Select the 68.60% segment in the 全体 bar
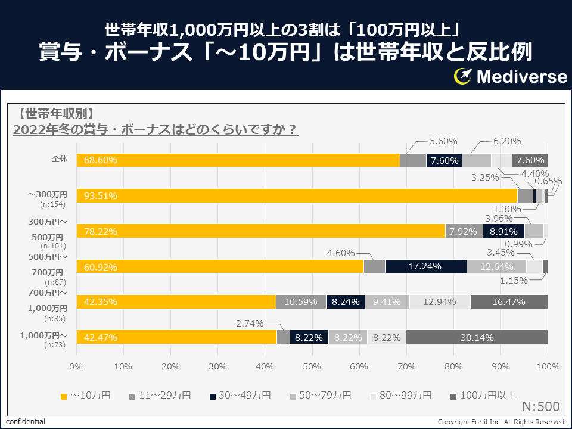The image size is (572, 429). coord(238,160)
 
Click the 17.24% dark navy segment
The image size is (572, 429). coord(425,266)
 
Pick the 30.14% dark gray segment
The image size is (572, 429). coord(477,337)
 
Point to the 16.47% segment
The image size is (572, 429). coord(509,301)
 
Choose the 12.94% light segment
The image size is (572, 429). coord(440,301)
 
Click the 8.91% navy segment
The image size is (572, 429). coord(503,231)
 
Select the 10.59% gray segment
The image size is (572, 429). coord(301,301)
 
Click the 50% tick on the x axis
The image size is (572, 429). coord(312,366)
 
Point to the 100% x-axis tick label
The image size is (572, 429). coord(547,366)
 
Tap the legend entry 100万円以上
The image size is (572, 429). coord(483,395)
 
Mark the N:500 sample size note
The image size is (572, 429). coord(540,407)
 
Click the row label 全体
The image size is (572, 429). coord(60,158)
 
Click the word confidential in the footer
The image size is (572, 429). coord(26,421)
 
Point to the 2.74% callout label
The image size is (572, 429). coord(251,323)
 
